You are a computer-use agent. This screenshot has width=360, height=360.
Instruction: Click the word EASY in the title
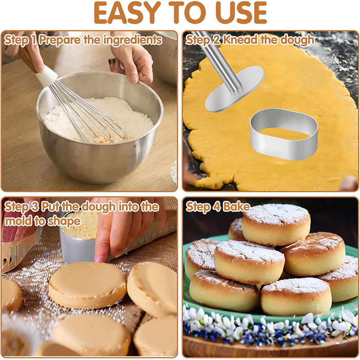coord(127,13)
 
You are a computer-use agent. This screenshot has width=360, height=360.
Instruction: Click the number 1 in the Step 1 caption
coord(33,40)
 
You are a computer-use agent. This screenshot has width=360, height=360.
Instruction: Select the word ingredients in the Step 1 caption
coord(132,40)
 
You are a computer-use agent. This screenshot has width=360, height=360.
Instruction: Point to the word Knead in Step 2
coord(240,40)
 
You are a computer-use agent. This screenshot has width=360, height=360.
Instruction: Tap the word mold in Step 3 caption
coord(18,221)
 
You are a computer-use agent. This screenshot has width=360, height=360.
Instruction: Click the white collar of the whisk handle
coord(47,76)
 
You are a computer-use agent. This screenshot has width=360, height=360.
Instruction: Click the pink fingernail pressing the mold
coord(100,258)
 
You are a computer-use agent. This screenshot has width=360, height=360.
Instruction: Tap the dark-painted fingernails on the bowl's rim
coord(112,62)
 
